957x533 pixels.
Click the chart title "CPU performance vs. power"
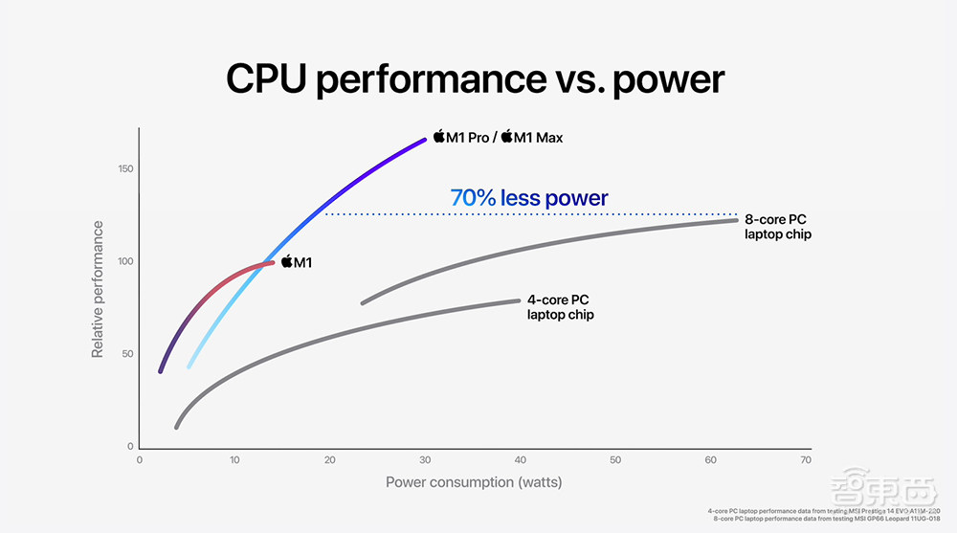point(475,79)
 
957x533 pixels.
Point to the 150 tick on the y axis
point(125,169)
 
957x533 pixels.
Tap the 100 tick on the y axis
point(125,261)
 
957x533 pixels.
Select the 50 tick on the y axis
point(127,354)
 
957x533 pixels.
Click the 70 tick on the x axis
point(806,460)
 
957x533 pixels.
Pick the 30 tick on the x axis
point(425,460)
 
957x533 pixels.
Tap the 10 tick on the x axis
point(234,460)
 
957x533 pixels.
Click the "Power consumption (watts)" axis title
point(474,481)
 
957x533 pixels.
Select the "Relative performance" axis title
point(98,289)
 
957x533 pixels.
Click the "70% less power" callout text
point(528,199)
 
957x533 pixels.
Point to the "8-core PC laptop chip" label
point(777,227)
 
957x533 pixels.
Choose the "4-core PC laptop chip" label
point(561,307)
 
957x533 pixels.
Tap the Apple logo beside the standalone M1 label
point(285,261)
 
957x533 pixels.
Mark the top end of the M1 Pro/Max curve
point(424,140)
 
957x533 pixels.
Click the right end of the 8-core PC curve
point(735,220)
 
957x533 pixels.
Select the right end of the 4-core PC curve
point(518,300)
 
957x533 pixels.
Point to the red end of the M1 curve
point(272,261)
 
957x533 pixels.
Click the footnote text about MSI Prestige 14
point(827,511)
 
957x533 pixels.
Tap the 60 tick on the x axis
point(710,460)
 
